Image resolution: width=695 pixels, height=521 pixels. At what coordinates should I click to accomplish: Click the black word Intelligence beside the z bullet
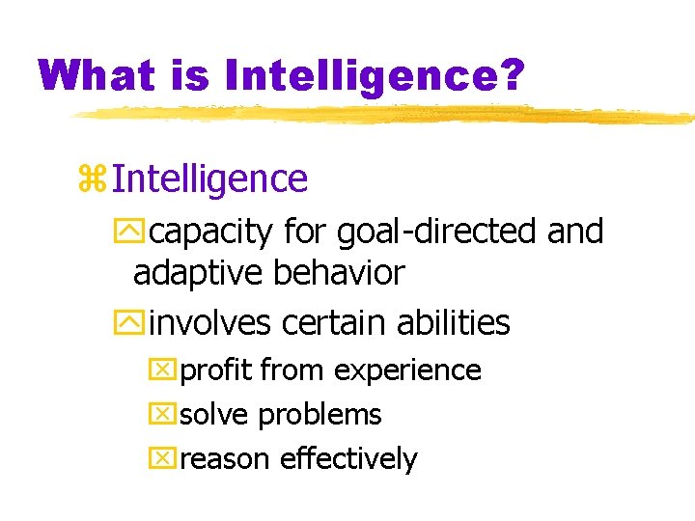(209, 178)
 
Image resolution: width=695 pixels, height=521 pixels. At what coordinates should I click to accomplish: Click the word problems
(320, 416)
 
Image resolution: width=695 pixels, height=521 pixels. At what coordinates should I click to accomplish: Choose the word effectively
(348, 459)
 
